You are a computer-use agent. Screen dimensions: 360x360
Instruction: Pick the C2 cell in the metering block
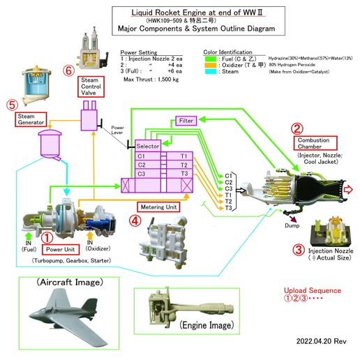coord(142,165)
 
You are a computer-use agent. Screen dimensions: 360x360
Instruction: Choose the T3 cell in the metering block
coord(184,174)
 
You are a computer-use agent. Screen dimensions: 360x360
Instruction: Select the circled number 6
coord(68,71)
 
